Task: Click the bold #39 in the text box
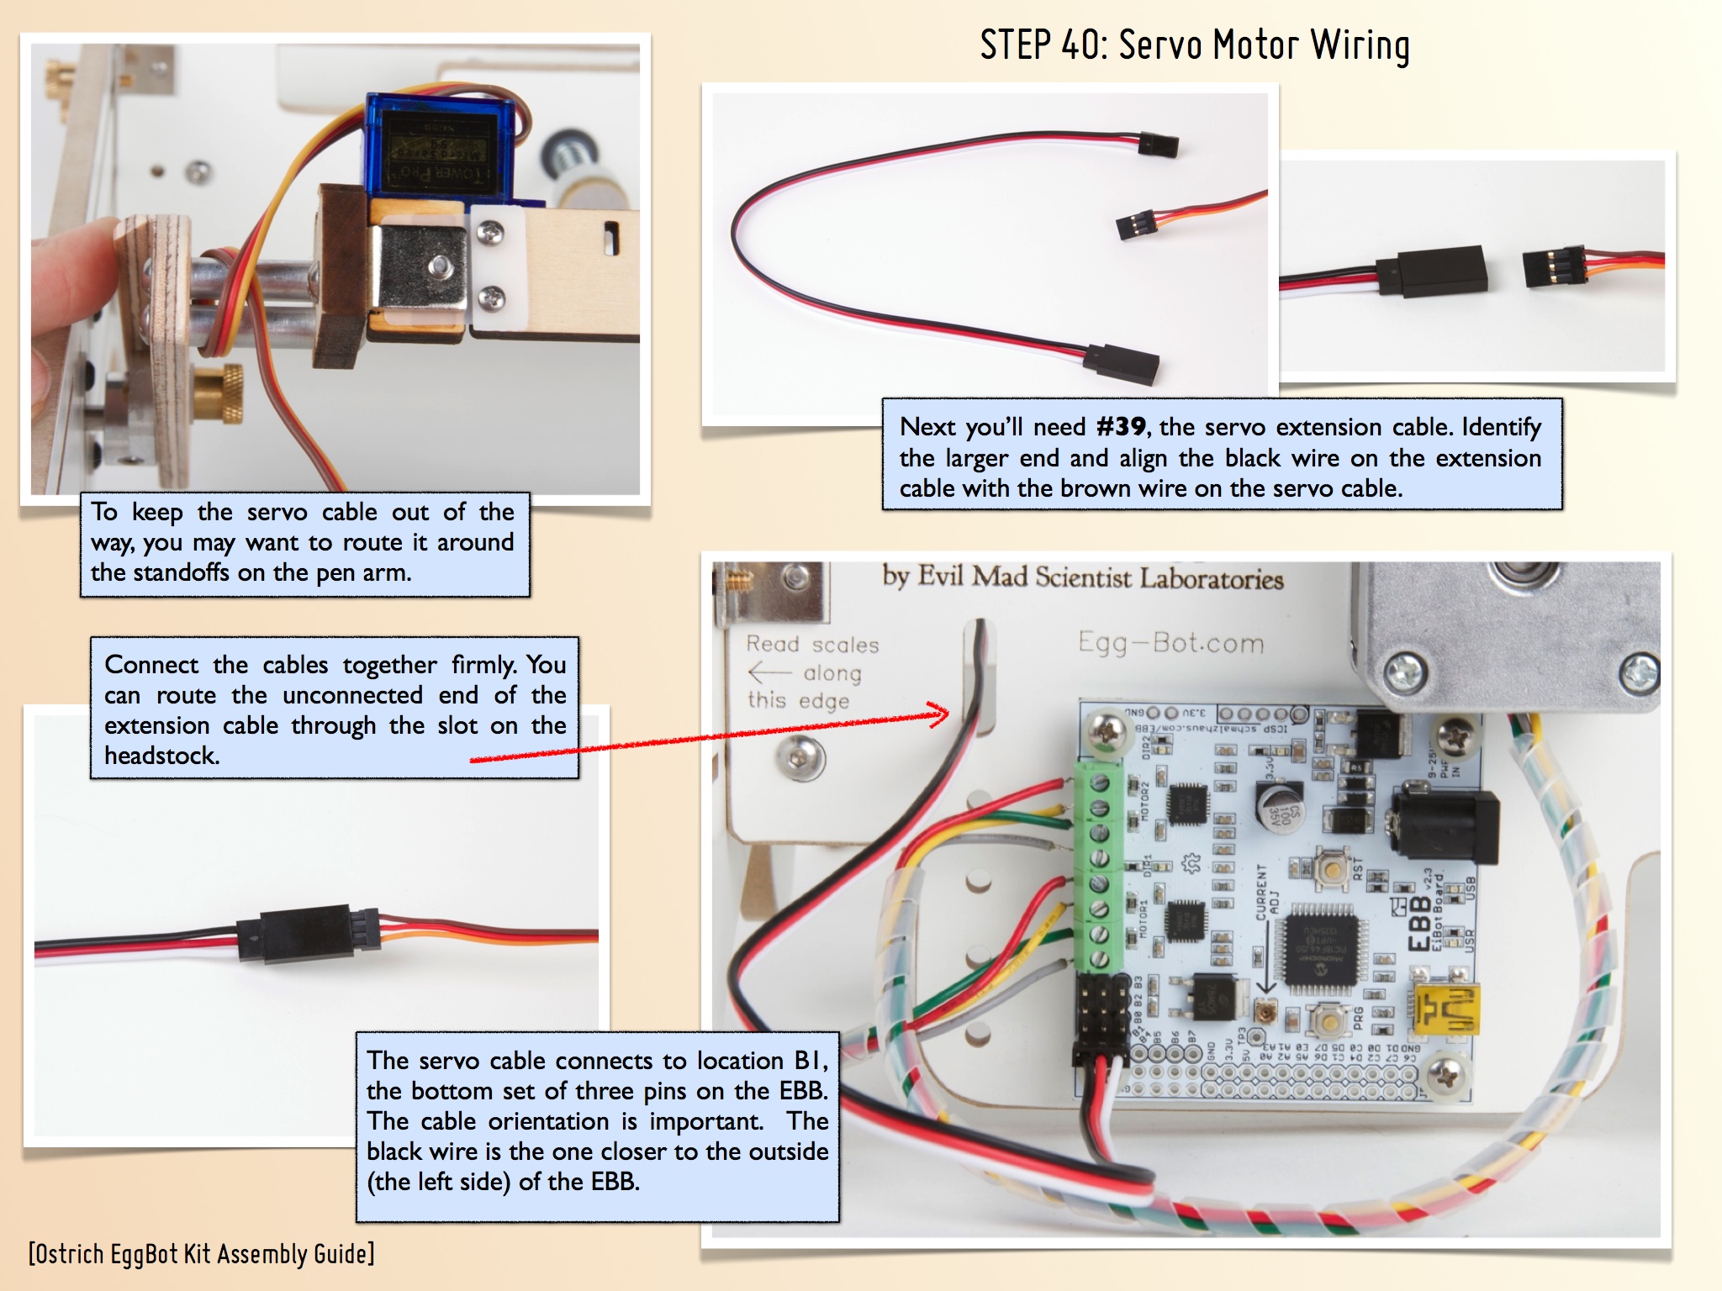tap(1121, 427)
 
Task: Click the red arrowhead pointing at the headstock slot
tap(942, 714)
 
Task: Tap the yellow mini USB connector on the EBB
tap(1445, 1009)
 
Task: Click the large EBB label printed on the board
tap(1419, 922)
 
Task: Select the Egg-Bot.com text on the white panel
tap(1171, 643)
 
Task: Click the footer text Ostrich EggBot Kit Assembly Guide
tap(202, 1254)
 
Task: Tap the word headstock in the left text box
tap(161, 756)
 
